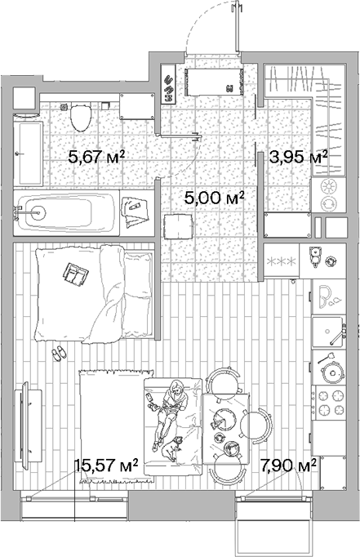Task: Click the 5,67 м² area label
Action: coord(96,156)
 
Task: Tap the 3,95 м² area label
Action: coord(298,157)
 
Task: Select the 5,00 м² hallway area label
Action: coord(215,198)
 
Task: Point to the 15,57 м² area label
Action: coord(106,465)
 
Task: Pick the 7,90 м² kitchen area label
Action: coord(289,465)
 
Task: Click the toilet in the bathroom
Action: coord(81,117)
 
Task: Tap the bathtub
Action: coord(66,213)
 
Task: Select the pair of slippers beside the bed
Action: coord(59,353)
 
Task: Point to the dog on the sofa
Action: coord(171,448)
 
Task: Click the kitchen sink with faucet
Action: coord(329,332)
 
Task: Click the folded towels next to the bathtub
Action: coord(135,212)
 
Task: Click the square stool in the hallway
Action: coord(179,226)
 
